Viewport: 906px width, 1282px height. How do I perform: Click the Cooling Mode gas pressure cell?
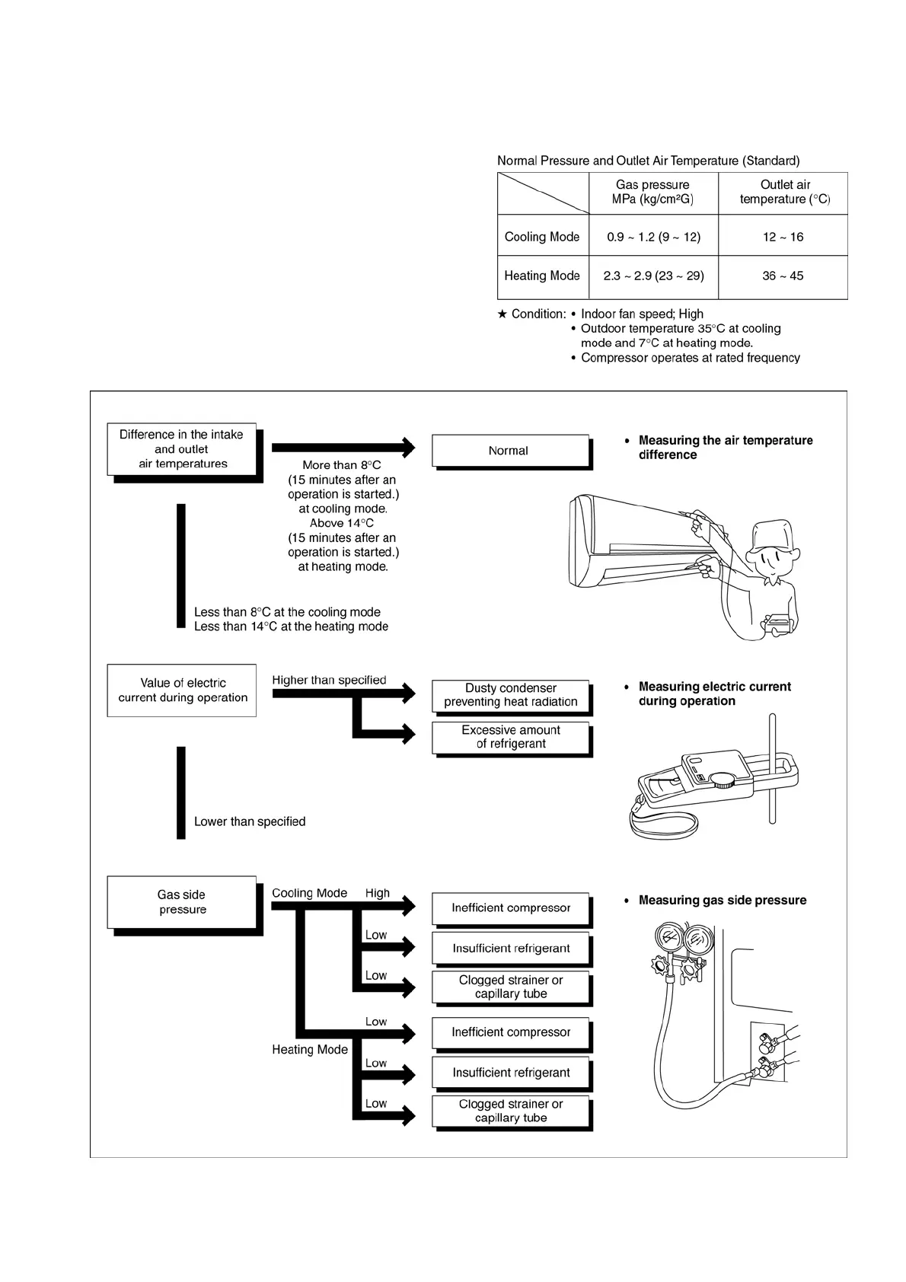[x=653, y=237]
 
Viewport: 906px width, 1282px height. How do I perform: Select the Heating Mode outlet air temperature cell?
[x=783, y=276]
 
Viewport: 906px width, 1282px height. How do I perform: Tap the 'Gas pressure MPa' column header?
[x=653, y=192]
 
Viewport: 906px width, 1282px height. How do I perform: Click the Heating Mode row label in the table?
[x=542, y=276]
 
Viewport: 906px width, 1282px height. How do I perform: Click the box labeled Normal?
[x=509, y=451]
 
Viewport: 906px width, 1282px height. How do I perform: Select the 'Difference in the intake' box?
[x=181, y=449]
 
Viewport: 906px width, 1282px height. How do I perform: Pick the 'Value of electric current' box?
[x=182, y=690]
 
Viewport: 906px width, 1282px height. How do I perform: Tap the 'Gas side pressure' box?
[x=182, y=902]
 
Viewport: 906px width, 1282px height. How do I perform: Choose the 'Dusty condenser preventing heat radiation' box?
[x=511, y=695]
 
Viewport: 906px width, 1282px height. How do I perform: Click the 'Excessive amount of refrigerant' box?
[x=511, y=737]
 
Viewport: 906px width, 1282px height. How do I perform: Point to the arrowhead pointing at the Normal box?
[x=408, y=447]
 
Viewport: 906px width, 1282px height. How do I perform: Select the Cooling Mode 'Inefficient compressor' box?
[x=511, y=907]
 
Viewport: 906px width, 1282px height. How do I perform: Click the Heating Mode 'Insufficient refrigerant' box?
[x=511, y=1073]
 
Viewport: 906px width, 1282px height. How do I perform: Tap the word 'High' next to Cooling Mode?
[x=378, y=893]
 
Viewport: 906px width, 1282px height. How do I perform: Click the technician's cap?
[x=773, y=533]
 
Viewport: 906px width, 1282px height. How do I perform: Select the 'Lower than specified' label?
[x=250, y=821]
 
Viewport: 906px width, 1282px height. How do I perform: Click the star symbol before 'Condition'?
[x=502, y=314]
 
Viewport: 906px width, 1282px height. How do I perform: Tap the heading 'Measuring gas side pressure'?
[x=722, y=900]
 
